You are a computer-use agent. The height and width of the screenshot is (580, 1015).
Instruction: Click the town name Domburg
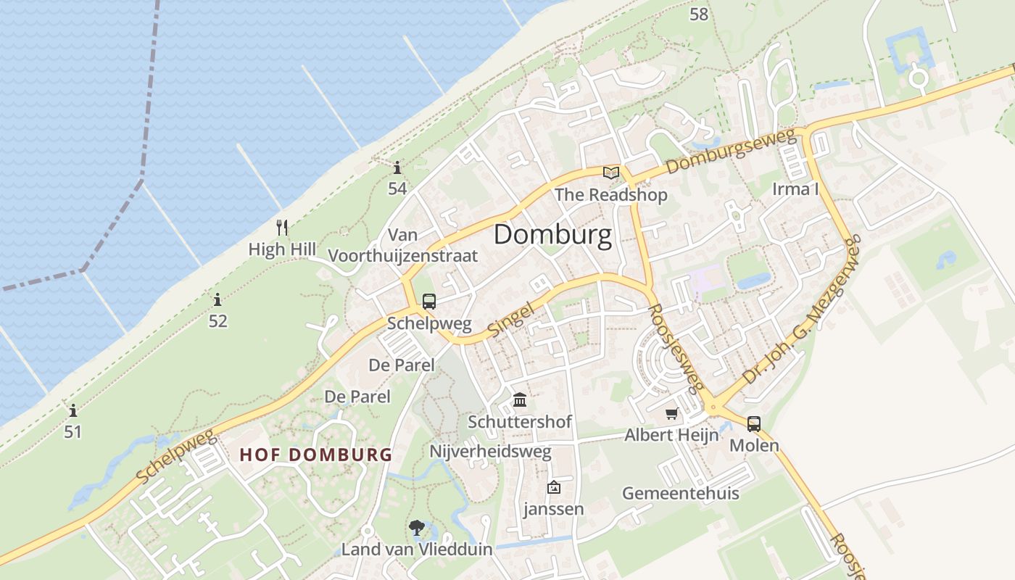(552, 235)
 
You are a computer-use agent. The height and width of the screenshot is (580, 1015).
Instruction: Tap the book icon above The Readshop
(611, 173)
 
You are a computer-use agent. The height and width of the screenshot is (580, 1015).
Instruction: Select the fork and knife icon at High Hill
(283, 228)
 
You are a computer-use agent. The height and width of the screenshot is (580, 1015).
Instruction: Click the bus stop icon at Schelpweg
(429, 301)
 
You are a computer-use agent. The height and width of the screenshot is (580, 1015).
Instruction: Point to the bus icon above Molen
(754, 424)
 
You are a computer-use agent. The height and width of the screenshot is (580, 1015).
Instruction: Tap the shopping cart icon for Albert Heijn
(672, 414)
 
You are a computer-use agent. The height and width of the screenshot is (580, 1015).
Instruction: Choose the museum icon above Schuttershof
(520, 399)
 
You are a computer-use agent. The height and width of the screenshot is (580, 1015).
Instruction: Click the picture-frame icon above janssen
(554, 487)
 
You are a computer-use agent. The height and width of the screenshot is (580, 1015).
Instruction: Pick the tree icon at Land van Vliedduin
(417, 528)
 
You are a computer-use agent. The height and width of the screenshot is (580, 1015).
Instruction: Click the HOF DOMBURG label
(315, 455)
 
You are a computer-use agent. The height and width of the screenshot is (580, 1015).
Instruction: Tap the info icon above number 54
(397, 168)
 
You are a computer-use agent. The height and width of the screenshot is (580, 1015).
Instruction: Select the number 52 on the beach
(218, 320)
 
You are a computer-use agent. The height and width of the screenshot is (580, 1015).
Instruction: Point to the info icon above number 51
(72, 411)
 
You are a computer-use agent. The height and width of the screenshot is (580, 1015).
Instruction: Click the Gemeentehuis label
(681, 494)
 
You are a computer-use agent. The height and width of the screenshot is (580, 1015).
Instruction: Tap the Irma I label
(795, 189)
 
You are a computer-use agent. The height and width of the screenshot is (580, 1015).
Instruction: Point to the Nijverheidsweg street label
(490, 452)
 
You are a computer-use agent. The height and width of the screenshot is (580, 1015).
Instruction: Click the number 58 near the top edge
(699, 14)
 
